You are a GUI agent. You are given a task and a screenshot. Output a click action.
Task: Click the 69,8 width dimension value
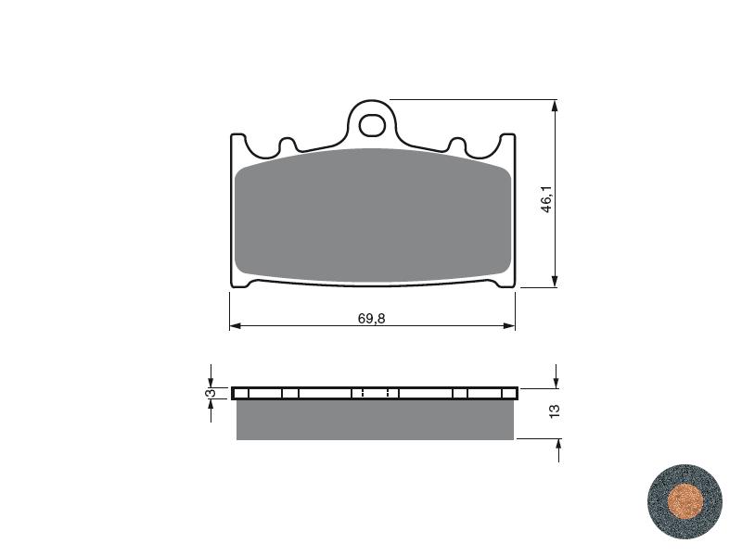coord(372,319)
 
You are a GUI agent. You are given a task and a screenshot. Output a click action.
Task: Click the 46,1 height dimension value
coord(546,199)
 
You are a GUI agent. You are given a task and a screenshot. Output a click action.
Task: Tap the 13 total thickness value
coord(555,411)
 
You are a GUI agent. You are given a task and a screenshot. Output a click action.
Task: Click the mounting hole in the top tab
coord(371,125)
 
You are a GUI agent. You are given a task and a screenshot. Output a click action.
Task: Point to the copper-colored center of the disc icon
coord(684,501)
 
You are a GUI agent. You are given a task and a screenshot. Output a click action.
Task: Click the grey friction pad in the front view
coord(373,215)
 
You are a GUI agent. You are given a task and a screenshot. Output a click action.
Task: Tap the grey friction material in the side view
coord(375,420)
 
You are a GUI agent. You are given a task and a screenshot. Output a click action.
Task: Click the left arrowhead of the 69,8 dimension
coord(236,326)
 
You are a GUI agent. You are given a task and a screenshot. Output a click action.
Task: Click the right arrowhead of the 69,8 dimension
coord(509,326)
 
